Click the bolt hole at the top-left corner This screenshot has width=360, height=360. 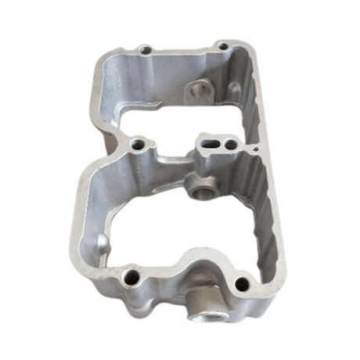(x=144, y=50)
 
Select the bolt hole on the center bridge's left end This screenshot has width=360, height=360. (x=139, y=144)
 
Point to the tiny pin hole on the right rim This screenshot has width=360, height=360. (x=256, y=147)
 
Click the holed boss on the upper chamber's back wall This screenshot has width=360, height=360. (x=197, y=91)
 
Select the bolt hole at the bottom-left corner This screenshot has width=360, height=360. (x=131, y=275)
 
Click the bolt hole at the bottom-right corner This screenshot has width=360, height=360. (x=242, y=283)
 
